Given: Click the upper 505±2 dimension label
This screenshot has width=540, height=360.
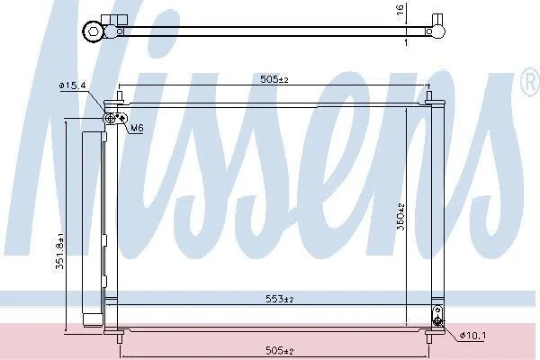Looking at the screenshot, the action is tap(274, 79).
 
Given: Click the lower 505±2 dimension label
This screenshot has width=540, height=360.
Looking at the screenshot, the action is tap(280, 351).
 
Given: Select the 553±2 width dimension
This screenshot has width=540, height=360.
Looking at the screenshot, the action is tap(280, 299).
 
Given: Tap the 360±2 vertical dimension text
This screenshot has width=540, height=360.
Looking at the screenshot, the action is tap(400, 217).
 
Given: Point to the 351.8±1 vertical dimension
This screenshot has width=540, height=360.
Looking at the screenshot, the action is tap(60, 251).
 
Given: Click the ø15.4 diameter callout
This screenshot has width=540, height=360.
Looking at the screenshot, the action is tap(72, 85).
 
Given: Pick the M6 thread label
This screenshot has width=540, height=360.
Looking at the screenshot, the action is tap(137, 128).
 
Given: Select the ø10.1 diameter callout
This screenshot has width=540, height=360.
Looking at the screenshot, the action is tap(473, 335).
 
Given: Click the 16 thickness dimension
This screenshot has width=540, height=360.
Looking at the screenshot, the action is tap(400, 9).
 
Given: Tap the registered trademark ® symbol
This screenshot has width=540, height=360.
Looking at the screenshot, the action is tap(531, 82).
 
